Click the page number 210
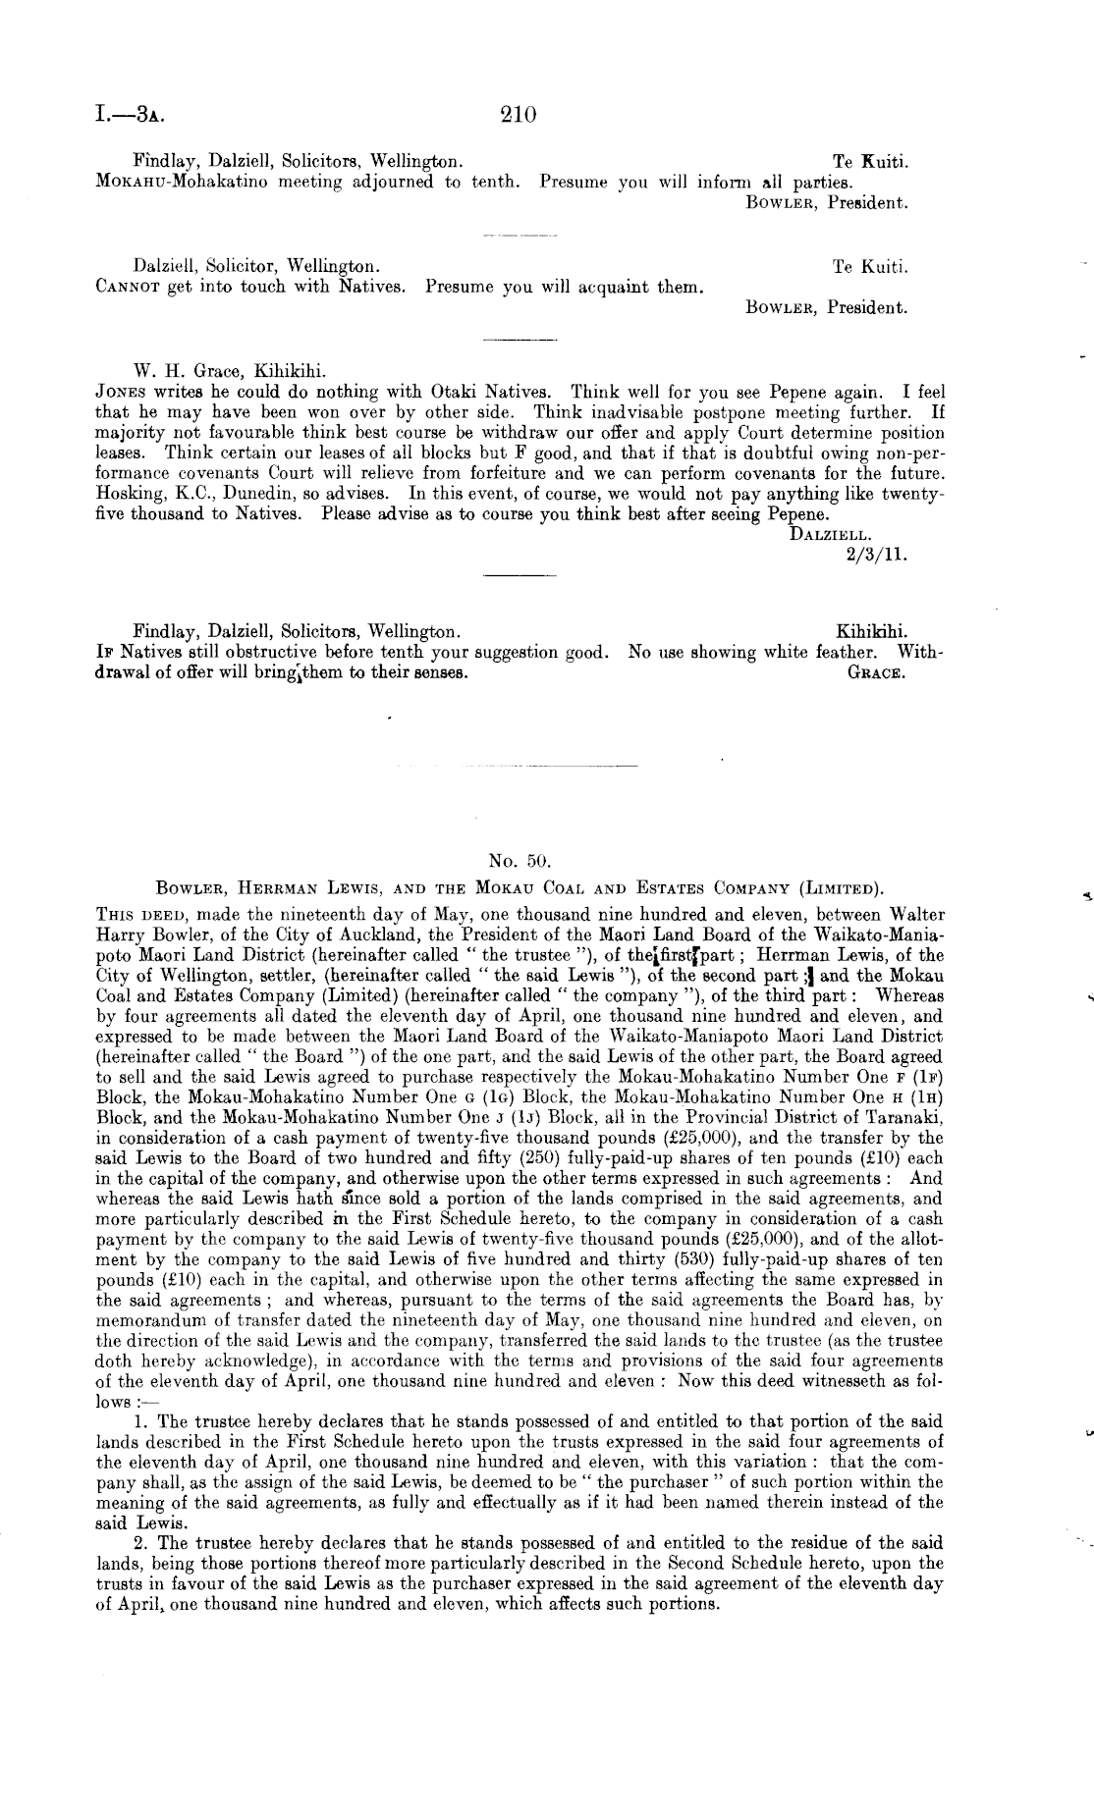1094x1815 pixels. tap(518, 115)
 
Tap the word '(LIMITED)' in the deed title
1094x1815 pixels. tap(840, 889)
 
